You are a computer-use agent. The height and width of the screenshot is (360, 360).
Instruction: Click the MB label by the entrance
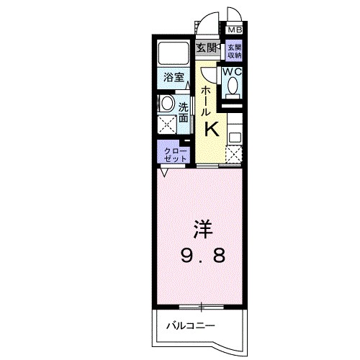[235, 30]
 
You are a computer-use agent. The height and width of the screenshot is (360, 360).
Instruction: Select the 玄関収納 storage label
[235, 50]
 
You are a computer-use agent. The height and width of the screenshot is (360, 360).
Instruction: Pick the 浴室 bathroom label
[172, 76]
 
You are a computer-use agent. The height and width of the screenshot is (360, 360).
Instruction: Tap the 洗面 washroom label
[184, 112]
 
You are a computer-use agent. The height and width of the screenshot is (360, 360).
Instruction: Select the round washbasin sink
[167, 103]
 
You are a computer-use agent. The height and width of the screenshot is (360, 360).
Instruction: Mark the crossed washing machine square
[168, 123]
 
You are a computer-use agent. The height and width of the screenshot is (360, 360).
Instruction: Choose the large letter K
[213, 129]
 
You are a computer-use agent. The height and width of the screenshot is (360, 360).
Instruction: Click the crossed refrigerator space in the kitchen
[235, 153]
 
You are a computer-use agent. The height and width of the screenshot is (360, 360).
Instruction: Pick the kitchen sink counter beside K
[235, 130]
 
